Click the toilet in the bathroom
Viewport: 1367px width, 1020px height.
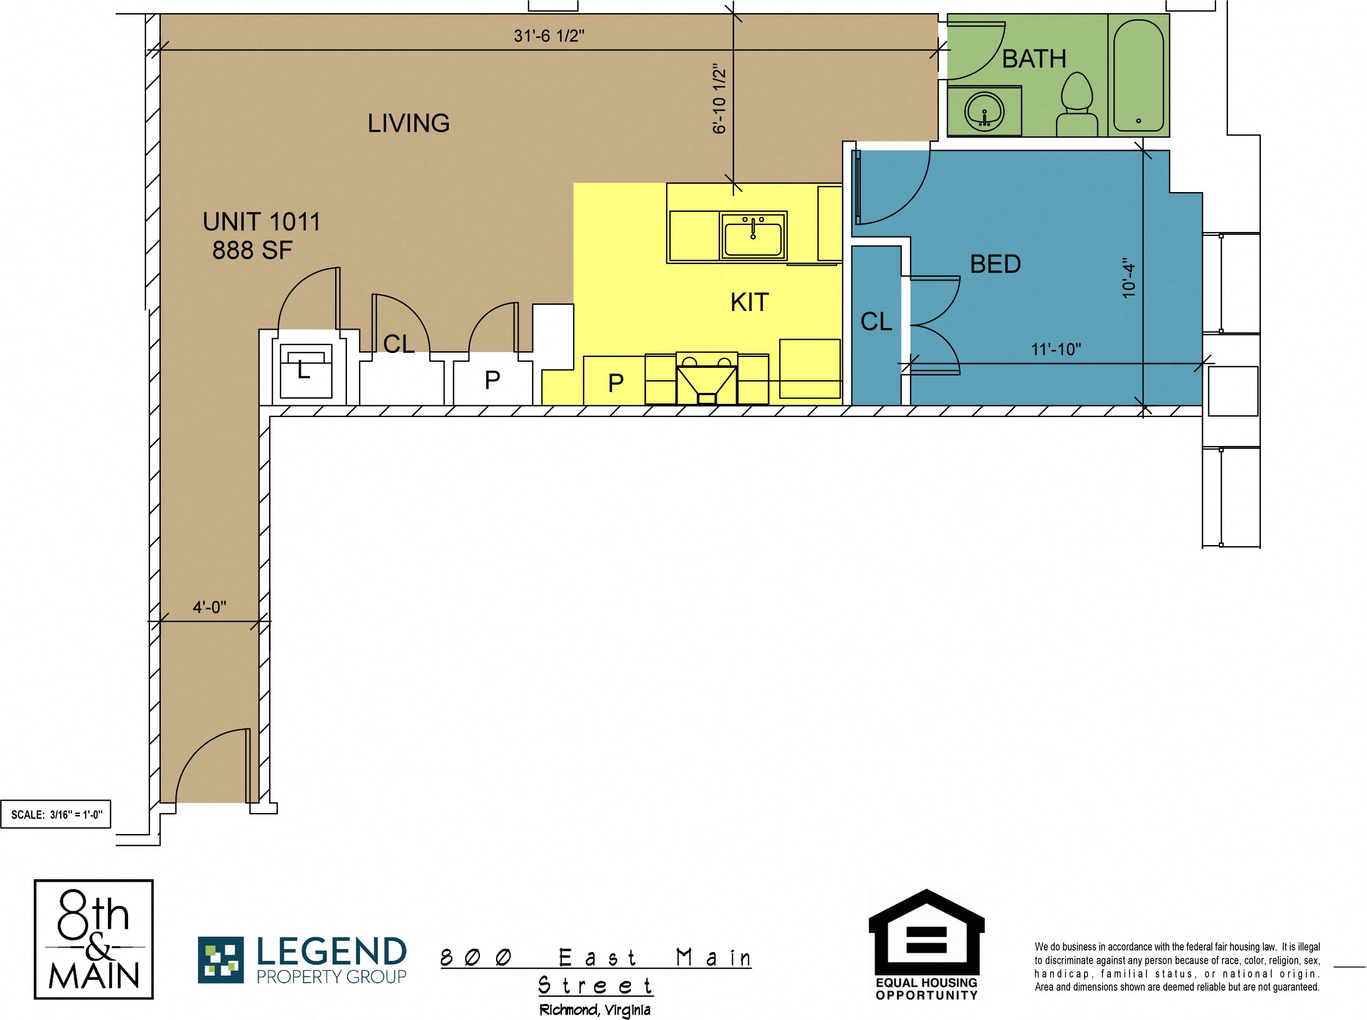coord(1077,104)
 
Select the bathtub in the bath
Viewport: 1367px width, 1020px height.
coord(1138,75)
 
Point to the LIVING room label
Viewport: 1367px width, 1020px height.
coord(408,123)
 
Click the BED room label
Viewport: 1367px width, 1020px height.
coord(995,264)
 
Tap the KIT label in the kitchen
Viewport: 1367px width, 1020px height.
coord(749,303)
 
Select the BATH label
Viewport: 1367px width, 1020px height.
coord(1034,59)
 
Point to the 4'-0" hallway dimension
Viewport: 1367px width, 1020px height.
coord(209,607)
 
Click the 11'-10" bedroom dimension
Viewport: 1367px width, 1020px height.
coord(1056,349)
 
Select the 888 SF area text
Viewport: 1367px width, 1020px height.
coord(252,250)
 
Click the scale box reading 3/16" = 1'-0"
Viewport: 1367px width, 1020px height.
coord(56,814)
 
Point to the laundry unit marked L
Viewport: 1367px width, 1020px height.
coord(306,371)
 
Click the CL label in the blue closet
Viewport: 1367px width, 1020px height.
coord(877,322)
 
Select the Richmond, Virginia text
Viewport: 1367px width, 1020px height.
coord(595,1010)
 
